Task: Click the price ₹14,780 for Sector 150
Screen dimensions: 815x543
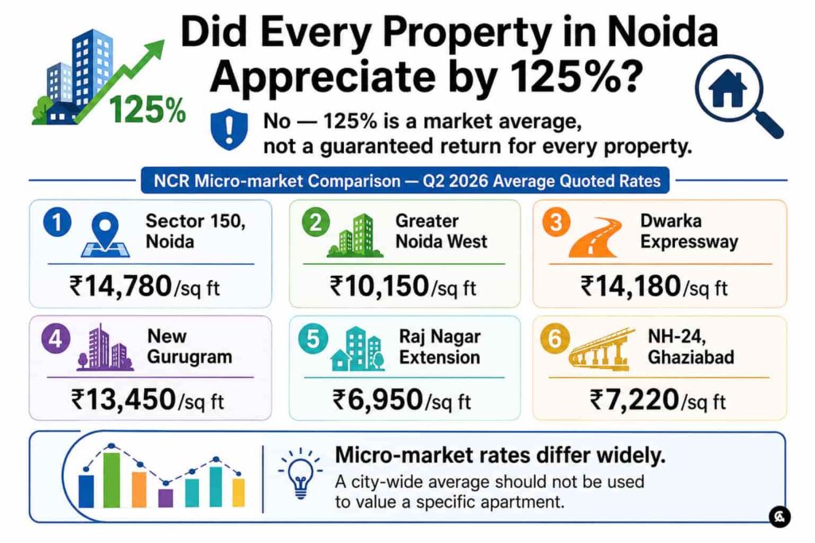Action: (121, 286)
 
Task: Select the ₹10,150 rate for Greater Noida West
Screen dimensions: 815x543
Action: (380, 286)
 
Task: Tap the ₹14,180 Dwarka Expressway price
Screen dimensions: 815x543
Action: (630, 286)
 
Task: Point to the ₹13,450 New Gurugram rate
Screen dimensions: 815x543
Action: (123, 400)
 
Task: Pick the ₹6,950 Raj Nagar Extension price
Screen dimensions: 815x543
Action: (378, 400)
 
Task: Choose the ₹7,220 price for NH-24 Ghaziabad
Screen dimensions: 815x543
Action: (634, 400)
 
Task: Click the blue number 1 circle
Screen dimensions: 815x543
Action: (57, 222)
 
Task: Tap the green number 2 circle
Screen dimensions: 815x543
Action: (315, 222)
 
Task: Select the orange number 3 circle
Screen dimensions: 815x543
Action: (556, 222)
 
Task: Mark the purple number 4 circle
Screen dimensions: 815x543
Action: (56, 339)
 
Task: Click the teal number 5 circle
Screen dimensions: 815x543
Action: (313, 339)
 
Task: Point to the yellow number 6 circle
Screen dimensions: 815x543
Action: (555, 339)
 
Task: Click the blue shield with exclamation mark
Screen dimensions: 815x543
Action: (228, 129)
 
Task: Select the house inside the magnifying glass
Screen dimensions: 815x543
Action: (727, 89)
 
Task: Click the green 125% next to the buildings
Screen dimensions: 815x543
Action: (147, 110)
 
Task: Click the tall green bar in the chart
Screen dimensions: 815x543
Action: (111, 479)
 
